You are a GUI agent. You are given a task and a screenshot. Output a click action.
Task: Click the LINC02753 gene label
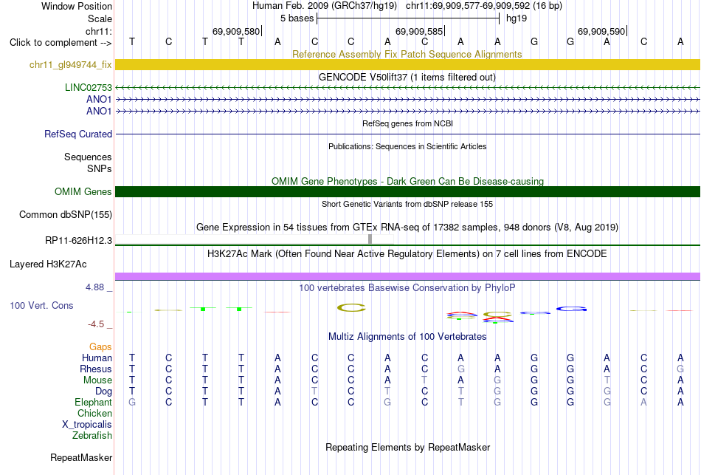tap(89, 87)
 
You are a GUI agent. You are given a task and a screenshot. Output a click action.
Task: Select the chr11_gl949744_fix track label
tap(71, 64)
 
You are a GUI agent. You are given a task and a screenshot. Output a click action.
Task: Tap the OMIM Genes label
tap(83, 191)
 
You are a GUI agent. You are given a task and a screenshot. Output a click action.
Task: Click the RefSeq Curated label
tap(78, 134)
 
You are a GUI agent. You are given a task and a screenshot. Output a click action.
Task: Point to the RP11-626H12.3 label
tap(79, 240)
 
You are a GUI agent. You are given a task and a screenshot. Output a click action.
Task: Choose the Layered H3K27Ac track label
tap(48, 264)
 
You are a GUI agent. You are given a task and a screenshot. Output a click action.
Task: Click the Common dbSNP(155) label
tap(66, 214)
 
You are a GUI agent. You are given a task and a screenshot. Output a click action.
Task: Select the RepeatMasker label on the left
tap(81, 457)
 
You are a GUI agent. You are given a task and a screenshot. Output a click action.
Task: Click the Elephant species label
tap(94, 402)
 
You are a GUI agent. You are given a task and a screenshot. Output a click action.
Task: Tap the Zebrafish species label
tap(92, 435)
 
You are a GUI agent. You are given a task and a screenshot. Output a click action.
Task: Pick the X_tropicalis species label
tap(87, 425)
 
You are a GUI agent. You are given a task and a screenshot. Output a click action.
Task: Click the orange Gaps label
tap(100, 347)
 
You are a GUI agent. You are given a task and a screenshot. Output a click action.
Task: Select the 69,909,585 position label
tap(419, 31)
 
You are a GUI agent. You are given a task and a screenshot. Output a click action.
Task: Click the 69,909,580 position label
tap(236, 31)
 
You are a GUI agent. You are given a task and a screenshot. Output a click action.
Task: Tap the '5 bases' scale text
tap(297, 18)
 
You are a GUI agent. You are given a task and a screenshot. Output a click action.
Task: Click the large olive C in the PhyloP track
tap(351, 307)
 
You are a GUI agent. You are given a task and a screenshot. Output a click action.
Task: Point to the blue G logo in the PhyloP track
tap(571, 309)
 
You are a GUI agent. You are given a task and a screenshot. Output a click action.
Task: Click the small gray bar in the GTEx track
tap(370, 239)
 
